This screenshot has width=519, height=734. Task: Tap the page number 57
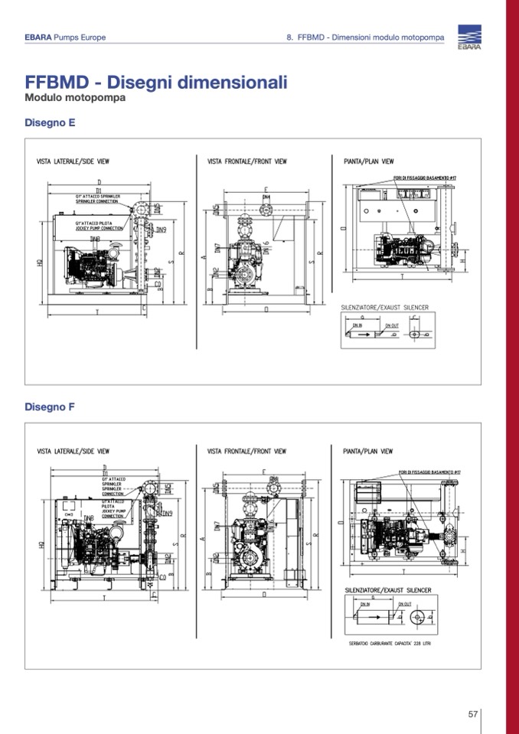(473, 714)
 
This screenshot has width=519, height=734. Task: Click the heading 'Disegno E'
(50, 122)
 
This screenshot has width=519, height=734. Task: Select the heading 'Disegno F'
(50, 406)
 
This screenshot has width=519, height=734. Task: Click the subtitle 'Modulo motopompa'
(75, 98)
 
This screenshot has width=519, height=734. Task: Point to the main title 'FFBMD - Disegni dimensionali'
(156, 82)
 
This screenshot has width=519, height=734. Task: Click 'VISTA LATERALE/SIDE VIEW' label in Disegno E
(73, 162)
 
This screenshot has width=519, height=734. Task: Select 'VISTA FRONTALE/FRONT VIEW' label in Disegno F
(247, 452)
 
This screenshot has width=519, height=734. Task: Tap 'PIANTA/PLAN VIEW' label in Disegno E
(368, 162)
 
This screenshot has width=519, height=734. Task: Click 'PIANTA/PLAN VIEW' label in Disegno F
(368, 452)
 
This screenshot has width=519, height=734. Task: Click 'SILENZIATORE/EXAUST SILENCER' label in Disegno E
(384, 308)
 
